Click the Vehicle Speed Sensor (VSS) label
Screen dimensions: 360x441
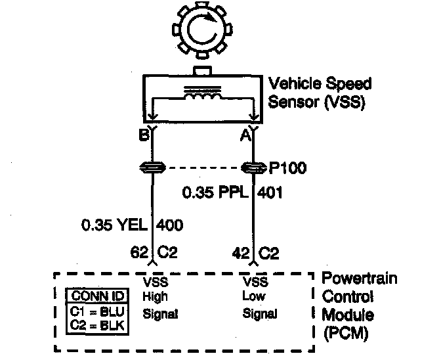click(x=320, y=93)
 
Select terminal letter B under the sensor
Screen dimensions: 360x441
click(x=142, y=136)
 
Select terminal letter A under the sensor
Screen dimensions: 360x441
click(x=245, y=136)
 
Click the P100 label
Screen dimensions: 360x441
click(x=287, y=168)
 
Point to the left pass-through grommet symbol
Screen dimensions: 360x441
click(x=152, y=168)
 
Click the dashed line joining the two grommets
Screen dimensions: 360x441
click(x=203, y=168)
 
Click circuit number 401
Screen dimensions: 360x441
click(x=271, y=193)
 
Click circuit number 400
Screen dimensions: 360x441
click(x=170, y=225)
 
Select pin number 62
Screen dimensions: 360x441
click(x=140, y=251)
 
